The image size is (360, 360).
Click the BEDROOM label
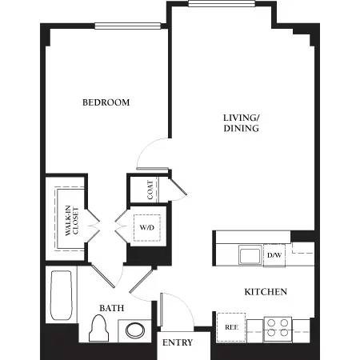[106, 102]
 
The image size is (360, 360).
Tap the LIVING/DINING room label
[241, 122]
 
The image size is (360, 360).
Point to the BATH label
[111, 307]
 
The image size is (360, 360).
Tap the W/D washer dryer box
[146, 227]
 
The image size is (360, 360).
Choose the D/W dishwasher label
[274, 255]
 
